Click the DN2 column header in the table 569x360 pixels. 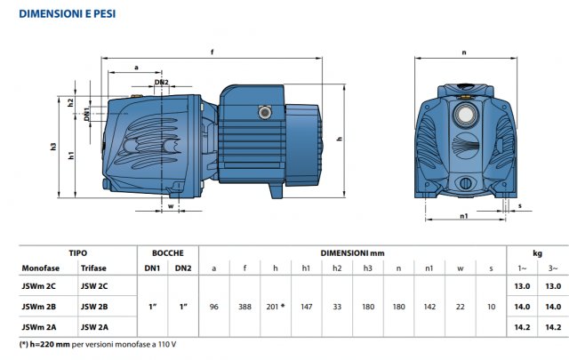pos(182,268)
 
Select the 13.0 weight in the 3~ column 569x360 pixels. pos(552,285)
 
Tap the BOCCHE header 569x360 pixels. pos(167,252)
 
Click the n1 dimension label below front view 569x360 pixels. pos(464,216)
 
